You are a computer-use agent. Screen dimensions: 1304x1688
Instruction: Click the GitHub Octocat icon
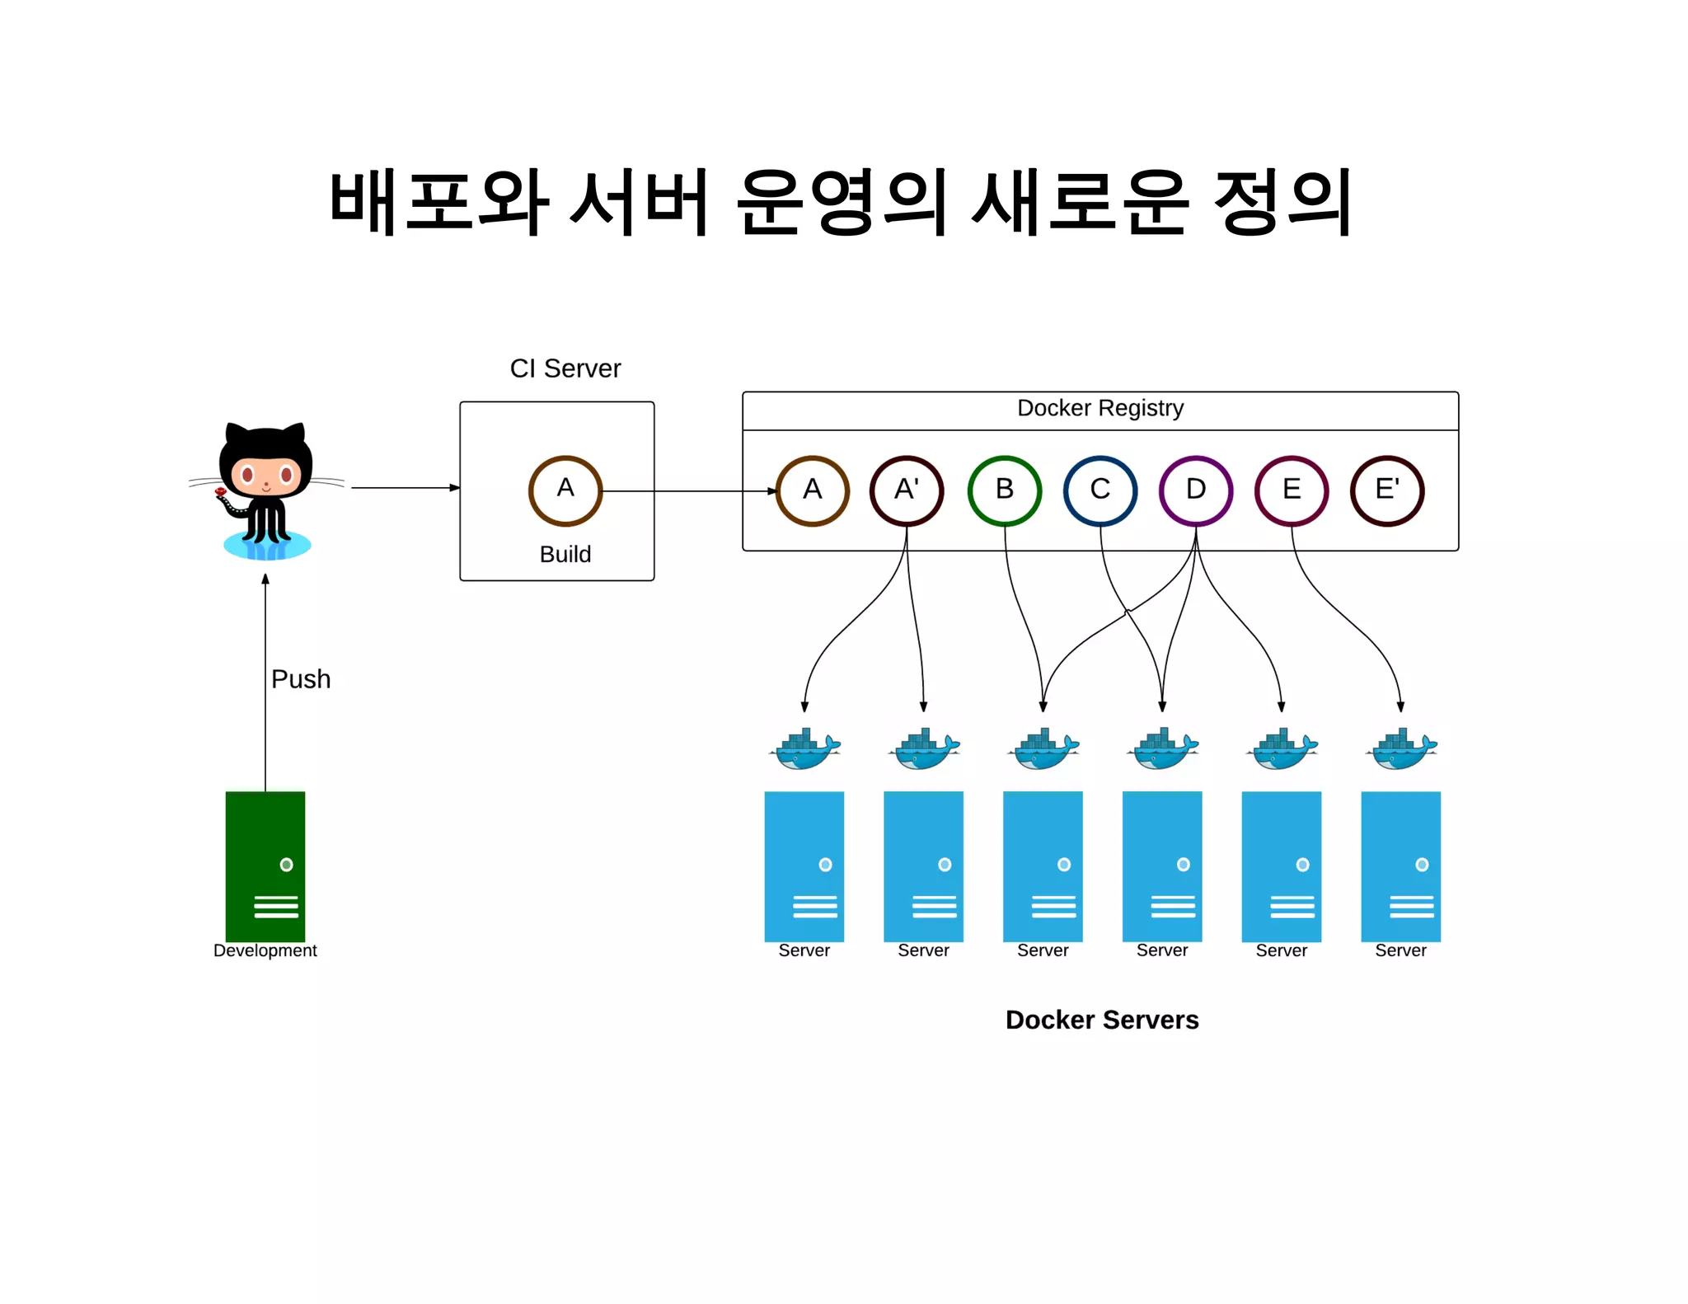pyautogui.click(x=265, y=490)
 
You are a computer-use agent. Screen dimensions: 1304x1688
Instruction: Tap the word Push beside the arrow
pyautogui.click(x=301, y=678)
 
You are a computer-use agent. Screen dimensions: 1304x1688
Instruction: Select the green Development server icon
pyautogui.click(x=265, y=865)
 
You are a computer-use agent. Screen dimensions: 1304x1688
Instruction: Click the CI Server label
pyautogui.click(x=565, y=368)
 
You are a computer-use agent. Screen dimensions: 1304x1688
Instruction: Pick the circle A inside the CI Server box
pyautogui.click(x=565, y=490)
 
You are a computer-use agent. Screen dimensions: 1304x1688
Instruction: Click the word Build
pyautogui.click(x=565, y=554)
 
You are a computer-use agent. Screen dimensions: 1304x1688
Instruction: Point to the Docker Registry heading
pyautogui.click(x=1100, y=408)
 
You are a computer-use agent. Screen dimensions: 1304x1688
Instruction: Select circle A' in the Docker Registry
pyautogui.click(x=907, y=490)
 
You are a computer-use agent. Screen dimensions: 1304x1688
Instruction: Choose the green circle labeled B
pyautogui.click(x=1004, y=490)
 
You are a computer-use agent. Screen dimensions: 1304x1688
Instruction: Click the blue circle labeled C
pyautogui.click(x=1100, y=490)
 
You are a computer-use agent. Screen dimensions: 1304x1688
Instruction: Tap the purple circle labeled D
pyautogui.click(x=1195, y=490)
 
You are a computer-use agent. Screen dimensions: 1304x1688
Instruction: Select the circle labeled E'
pyautogui.click(x=1387, y=490)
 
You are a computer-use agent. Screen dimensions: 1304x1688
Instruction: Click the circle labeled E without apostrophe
pyautogui.click(x=1292, y=490)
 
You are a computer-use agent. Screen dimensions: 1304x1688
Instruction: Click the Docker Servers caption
pyautogui.click(x=1101, y=1020)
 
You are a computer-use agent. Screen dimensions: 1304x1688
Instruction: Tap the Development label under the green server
pyautogui.click(x=265, y=950)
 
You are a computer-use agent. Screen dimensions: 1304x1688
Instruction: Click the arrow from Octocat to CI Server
pyautogui.click(x=404, y=488)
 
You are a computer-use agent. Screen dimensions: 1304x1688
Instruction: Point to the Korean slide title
pyautogui.click(x=841, y=202)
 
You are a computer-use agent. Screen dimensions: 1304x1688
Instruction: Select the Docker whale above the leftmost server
pyautogui.click(x=805, y=748)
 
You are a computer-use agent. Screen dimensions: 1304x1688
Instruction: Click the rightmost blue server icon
pyautogui.click(x=1400, y=865)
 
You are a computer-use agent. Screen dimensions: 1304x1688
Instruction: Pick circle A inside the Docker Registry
pyautogui.click(x=812, y=490)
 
